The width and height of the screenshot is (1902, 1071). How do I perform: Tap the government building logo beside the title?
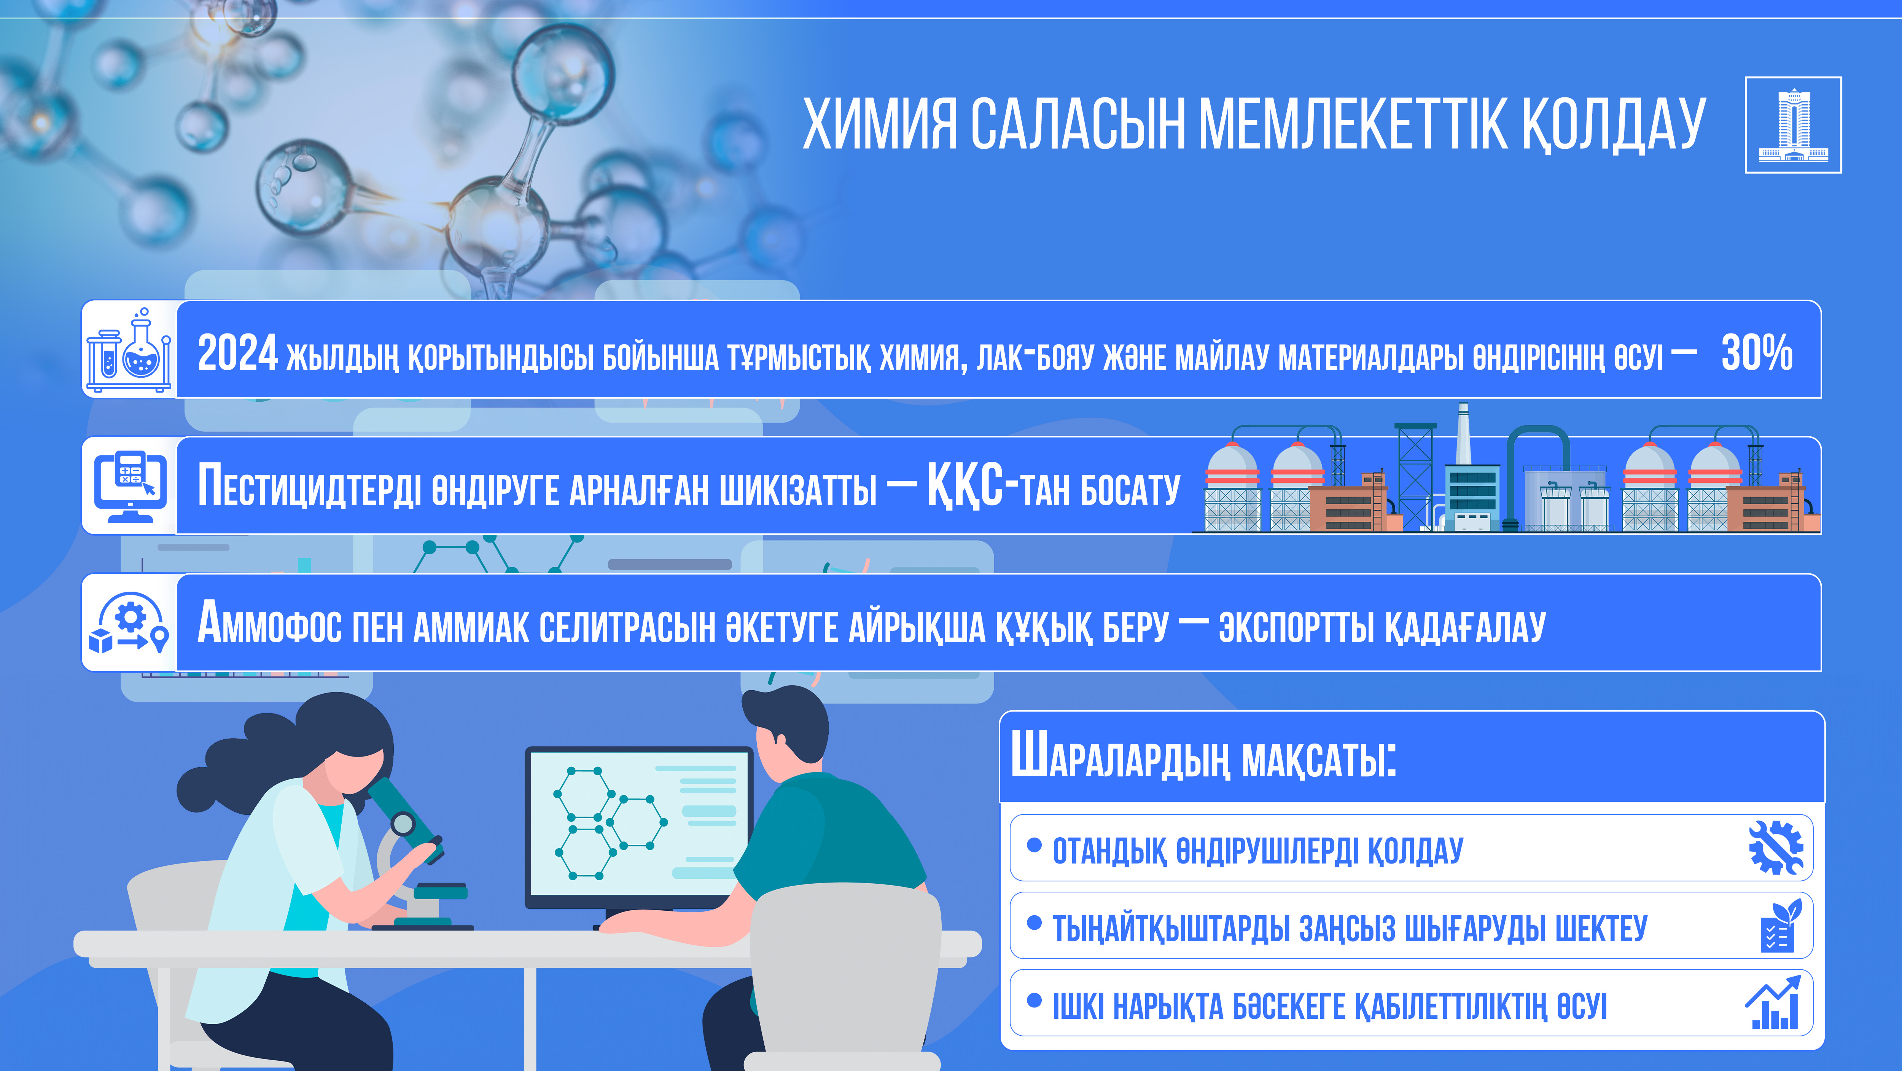click(x=1793, y=125)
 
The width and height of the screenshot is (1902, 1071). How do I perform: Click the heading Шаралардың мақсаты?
click(x=1203, y=756)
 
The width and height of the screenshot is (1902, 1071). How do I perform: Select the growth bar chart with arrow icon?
click(x=1773, y=1002)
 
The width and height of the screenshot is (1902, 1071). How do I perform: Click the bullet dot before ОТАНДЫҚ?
click(x=1035, y=844)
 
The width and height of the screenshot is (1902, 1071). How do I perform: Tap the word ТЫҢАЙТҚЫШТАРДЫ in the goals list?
click(x=1171, y=929)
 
